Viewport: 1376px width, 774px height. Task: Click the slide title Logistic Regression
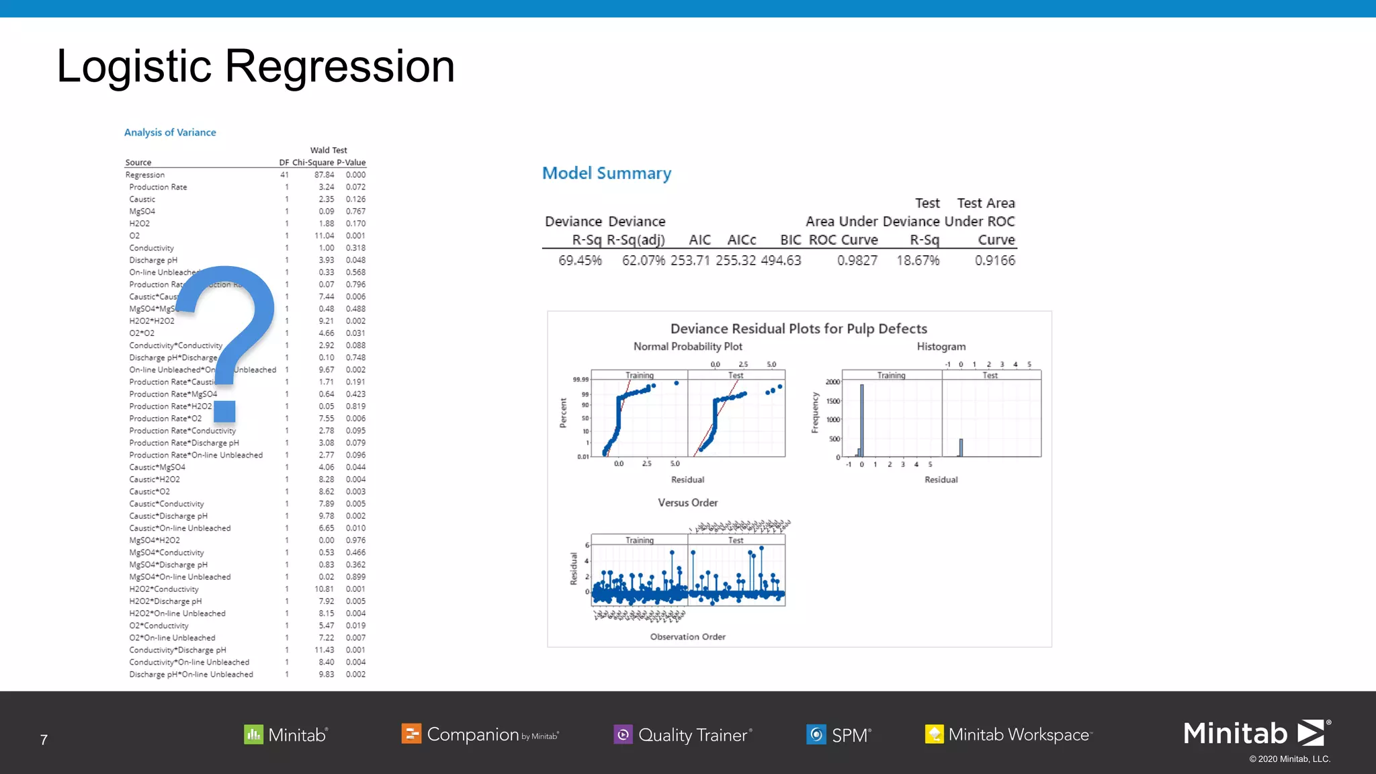255,67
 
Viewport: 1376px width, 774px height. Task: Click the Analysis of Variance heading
170,132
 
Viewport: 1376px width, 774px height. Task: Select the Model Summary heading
606,173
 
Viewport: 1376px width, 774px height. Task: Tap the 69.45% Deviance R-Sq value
580,261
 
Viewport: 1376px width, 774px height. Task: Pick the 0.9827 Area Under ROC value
857,261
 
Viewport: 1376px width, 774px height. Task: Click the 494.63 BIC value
781,261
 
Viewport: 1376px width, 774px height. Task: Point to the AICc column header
742,240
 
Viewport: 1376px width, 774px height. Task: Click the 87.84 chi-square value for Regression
324,175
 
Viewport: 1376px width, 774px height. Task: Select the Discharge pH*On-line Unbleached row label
191,675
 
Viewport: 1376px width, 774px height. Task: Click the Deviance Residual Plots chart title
798,329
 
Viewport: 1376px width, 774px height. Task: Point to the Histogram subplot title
941,347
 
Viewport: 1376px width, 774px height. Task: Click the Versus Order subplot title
687,503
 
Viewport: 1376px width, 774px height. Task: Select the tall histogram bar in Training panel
862,420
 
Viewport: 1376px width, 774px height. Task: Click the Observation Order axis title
687,637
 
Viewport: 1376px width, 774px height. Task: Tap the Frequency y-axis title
815,413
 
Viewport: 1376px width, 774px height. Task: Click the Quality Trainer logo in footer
683,735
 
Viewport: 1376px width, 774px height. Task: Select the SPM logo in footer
839,735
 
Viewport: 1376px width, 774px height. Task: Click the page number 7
44,740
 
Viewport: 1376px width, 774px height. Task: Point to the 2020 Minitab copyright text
1289,759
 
